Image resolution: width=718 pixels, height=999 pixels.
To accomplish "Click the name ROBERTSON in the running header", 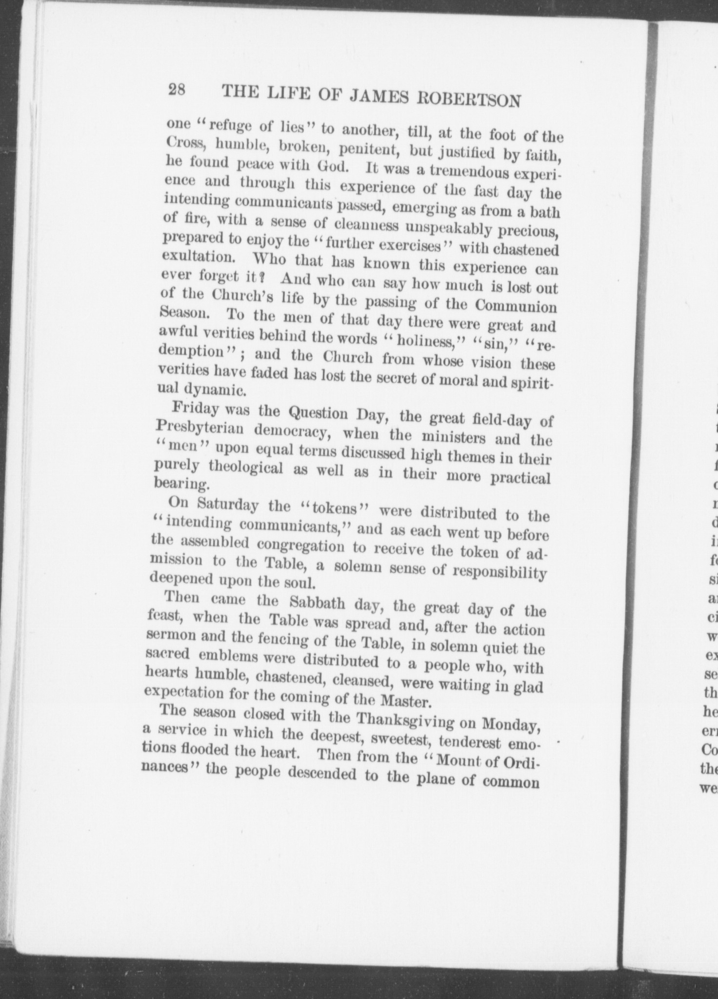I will click(469, 100).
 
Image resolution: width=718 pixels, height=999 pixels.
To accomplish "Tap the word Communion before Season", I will click(516, 305).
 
